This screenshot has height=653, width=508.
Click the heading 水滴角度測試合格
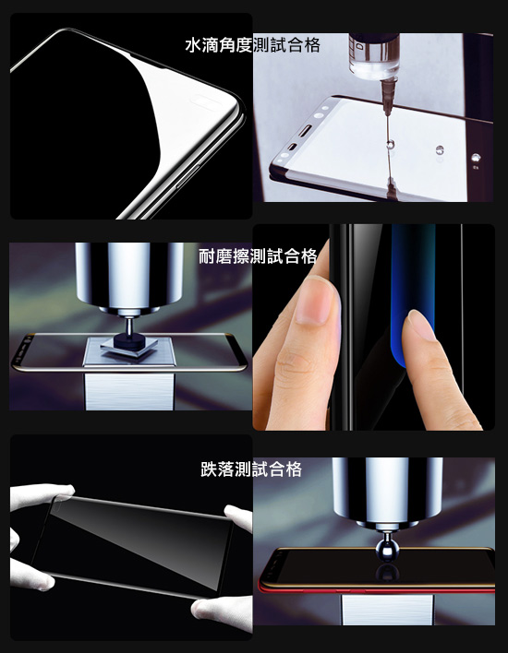(252, 45)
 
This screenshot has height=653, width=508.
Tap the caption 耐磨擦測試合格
(258, 256)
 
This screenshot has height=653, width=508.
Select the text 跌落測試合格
(251, 469)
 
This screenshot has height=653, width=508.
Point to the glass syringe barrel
(374, 56)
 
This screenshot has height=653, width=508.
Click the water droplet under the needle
(391, 145)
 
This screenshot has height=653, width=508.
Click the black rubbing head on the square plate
(129, 340)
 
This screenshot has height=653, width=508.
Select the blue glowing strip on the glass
(413, 291)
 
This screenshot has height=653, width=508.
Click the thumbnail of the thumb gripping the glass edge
(313, 301)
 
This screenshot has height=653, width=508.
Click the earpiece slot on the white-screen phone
(306, 130)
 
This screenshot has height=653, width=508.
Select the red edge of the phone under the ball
(375, 589)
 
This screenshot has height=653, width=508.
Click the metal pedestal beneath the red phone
(387, 610)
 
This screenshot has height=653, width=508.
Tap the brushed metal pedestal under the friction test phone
(129, 391)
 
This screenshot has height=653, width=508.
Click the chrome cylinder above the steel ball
(387, 490)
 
